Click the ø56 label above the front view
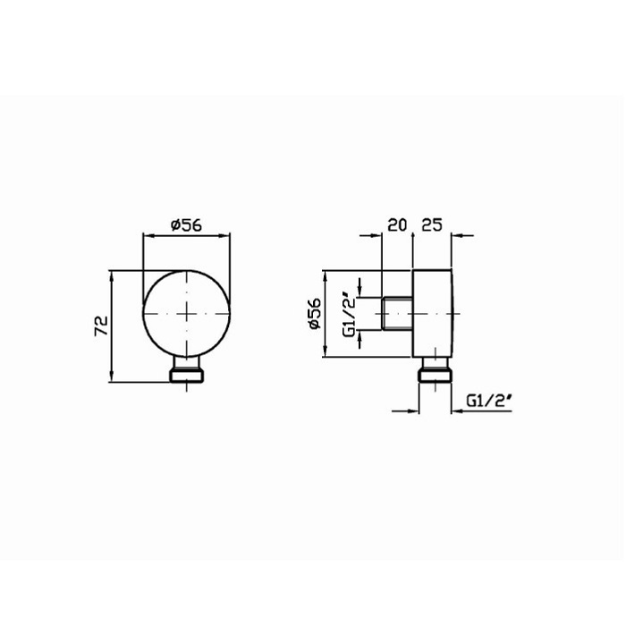pos(186,225)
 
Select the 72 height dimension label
pos(101,326)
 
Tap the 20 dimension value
pos(397,224)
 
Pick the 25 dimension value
pos(432,224)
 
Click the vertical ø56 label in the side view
pos(315,313)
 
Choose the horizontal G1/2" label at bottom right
pos(488,401)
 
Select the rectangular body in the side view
pos(433,313)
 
